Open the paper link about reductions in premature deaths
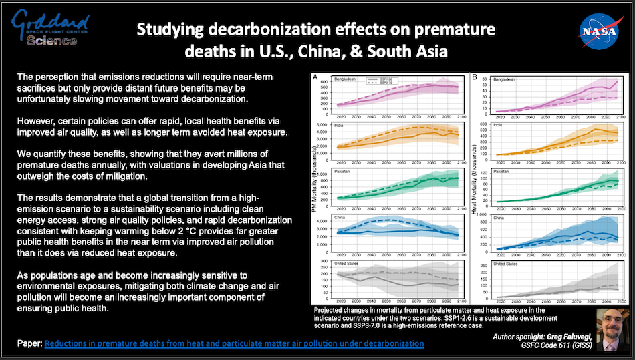pos(234,343)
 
